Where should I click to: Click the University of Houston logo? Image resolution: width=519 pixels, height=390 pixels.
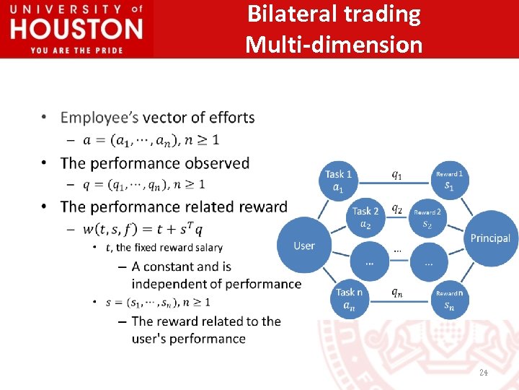pos(76,28)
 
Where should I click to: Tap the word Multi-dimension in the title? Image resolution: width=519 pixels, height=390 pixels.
pos(334,45)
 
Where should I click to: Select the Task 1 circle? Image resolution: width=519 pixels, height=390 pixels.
pos(339,181)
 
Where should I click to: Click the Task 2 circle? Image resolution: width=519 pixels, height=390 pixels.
pos(366,217)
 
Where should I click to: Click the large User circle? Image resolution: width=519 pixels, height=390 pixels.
pos(304,246)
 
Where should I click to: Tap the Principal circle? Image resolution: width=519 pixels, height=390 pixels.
pos(490,238)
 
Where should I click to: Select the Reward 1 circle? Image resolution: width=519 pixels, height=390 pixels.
pos(449,181)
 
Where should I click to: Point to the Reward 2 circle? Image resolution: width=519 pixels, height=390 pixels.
pos(427,218)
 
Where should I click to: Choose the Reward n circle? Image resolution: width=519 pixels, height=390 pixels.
pos(449,299)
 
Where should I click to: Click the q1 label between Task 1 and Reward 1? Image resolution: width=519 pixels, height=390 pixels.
pos(397,173)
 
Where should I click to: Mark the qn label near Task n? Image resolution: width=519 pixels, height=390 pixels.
pos(397,292)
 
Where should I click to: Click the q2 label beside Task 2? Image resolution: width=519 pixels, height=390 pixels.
pos(397,209)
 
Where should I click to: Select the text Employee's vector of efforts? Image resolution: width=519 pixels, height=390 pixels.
pos(157,117)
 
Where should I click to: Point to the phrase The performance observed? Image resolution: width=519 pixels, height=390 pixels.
pos(154,163)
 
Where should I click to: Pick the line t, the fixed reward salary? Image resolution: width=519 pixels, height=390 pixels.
pos(164,248)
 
